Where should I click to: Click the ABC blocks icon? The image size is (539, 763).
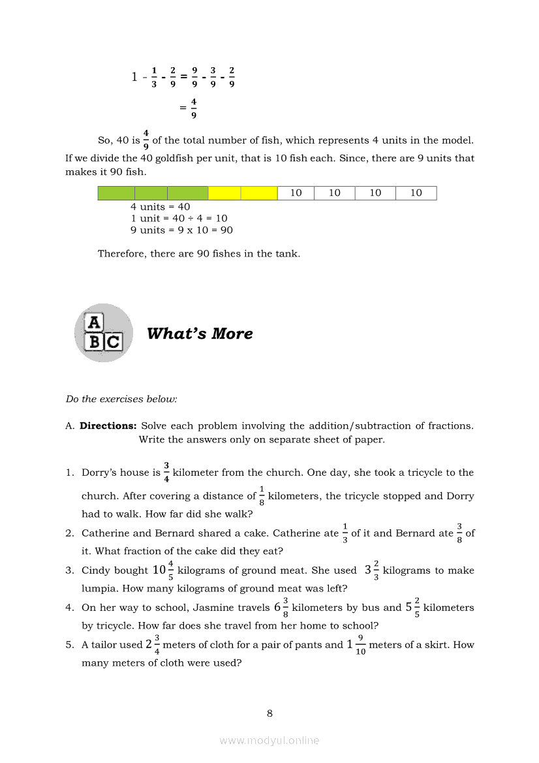coord(103,333)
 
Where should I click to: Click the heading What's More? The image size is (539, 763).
coord(200,334)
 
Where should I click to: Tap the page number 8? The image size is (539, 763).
coord(269,713)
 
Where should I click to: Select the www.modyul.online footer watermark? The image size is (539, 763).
coord(269,740)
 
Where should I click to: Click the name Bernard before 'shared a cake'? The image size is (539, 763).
coord(174,533)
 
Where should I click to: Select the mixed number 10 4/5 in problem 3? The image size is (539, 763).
coord(163,570)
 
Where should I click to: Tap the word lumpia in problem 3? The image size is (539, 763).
coord(98,588)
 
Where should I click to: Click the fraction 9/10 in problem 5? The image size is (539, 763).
coord(361,645)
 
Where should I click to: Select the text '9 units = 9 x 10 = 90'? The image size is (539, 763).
coord(181,230)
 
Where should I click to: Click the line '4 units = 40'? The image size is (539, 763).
coord(160,207)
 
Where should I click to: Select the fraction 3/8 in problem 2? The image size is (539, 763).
coord(459,533)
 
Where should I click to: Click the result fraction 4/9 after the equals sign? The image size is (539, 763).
coord(194,108)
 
